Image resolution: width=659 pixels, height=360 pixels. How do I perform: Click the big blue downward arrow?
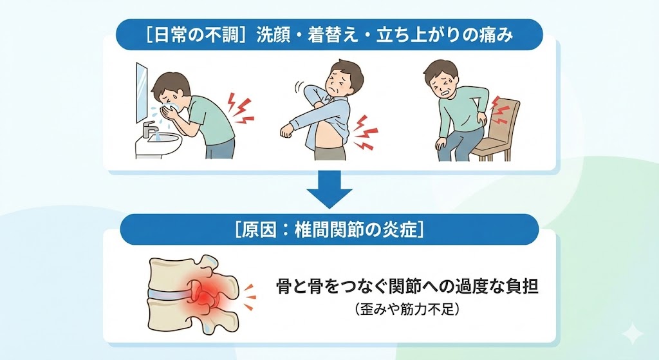[329, 191]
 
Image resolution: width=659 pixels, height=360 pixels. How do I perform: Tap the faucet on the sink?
[149, 128]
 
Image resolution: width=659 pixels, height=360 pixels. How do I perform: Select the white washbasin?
[158, 145]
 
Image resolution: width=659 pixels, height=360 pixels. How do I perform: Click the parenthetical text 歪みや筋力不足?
[406, 310]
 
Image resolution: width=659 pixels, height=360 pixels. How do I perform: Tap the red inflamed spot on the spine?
[207, 295]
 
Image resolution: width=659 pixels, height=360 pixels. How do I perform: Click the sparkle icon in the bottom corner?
[633, 335]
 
